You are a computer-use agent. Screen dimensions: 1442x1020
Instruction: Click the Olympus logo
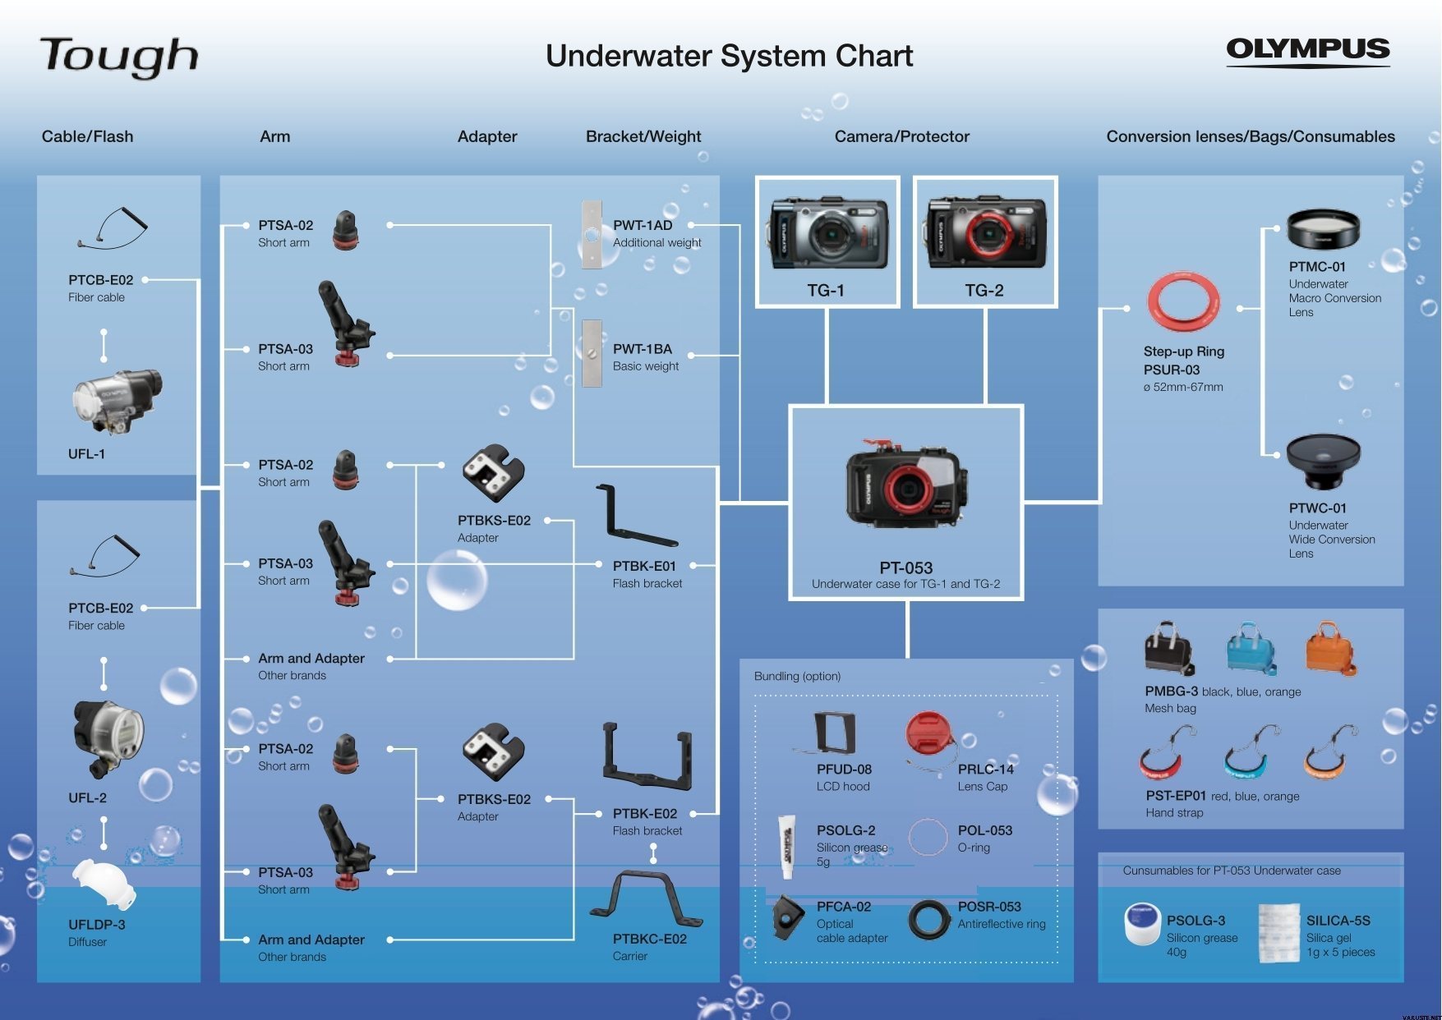(x=1307, y=51)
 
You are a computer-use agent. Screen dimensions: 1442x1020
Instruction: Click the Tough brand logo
(x=119, y=57)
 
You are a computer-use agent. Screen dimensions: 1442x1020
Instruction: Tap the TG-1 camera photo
(x=827, y=234)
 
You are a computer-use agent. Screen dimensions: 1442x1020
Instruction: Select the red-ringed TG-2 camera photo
(x=986, y=233)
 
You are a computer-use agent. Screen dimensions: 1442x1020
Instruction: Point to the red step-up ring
(x=1183, y=302)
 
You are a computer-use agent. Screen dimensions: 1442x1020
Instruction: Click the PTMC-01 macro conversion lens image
(x=1323, y=229)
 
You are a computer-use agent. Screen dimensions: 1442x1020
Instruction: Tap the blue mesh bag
(x=1251, y=649)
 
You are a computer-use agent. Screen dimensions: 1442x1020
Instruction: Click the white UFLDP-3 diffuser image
(x=103, y=884)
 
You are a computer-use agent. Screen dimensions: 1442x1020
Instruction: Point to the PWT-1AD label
(x=643, y=225)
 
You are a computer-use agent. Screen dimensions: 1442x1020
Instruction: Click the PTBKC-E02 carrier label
(x=650, y=939)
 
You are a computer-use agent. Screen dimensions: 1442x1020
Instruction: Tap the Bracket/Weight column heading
(x=643, y=136)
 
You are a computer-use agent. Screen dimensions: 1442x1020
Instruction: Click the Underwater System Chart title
(x=730, y=56)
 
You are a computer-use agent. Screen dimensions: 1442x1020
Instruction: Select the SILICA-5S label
(x=1338, y=921)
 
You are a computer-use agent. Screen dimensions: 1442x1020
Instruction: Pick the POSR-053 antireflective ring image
(x=929, y=919)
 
